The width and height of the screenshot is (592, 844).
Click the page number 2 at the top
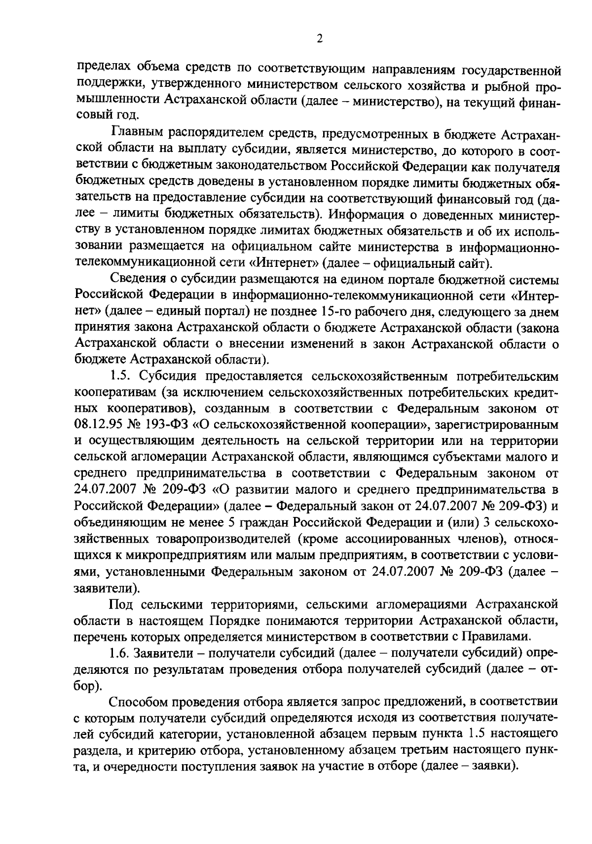click(320, 39)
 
